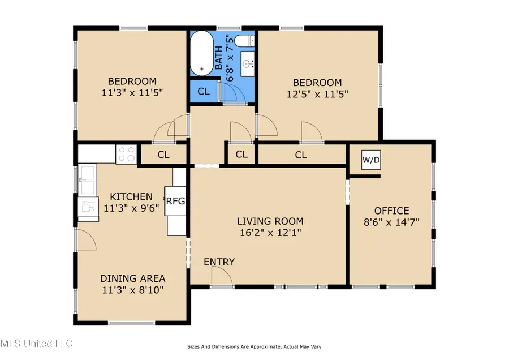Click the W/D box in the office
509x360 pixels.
pyautogui.click(x=371, y=160)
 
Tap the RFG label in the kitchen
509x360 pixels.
pyautogui.click(x=175, y=200)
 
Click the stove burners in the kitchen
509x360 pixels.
pyautogui.click(x=126, y=153)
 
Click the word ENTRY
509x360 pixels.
pyautogui.click(x=219, y=262)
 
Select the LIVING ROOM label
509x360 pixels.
pyautogui.click(x=270, y=221)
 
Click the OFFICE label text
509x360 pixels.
pyautogui.click(x=391, y=211)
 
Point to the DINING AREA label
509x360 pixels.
pyautogui.click(x=133, y=278)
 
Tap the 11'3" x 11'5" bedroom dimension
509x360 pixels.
pyautogui.click(x=132, y=93)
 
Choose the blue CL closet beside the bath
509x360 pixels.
pyautogui.click(x=204, y=91)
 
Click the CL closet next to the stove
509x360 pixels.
pyautogui.click(x=163, y=154)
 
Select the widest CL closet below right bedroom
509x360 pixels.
pyautogui.click(x=301, y=154)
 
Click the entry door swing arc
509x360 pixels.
pyautogui.click(x=223, y=276)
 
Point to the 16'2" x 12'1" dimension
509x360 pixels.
pyautogui.click(x=270, y=233)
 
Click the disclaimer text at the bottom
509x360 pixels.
pyautogui.click(x=255, y=346)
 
